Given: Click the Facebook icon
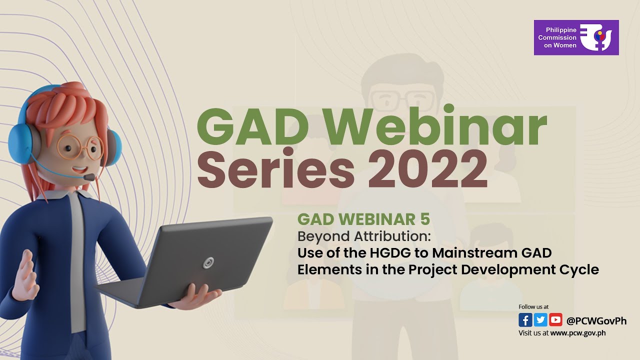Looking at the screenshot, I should pos(525,320).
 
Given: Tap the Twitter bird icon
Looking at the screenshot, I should pos(540,320).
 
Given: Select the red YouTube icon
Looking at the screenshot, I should pos(555,320).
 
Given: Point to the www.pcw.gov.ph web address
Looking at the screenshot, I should pos(578,332).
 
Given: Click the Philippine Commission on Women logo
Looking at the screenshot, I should pos(576,37).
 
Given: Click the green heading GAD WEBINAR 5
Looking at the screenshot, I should pos(363,219).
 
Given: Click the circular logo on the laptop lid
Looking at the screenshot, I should pos(208,262).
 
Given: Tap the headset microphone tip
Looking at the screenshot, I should pos(89,177).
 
